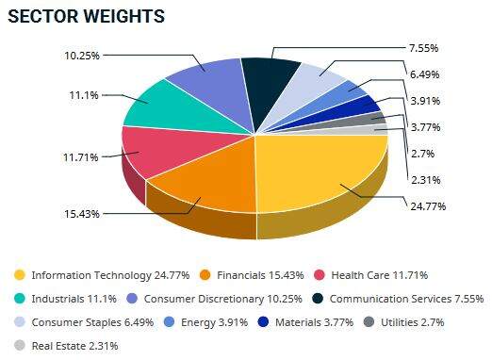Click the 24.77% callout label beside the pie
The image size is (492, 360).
426,205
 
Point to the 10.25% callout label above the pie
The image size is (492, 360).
83,55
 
